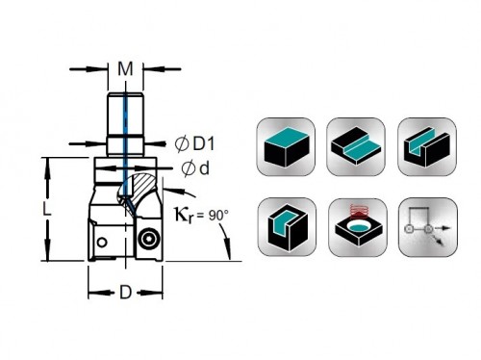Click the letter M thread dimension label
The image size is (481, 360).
point(125,68)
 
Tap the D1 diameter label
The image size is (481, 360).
point(204,143)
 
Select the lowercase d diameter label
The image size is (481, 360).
point(204,168)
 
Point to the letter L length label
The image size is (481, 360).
point(47,210)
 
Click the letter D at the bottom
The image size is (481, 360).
point(125,293)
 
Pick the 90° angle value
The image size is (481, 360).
point(218,216)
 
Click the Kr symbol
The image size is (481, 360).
point(184,215)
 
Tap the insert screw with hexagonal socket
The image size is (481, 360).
point(149,238)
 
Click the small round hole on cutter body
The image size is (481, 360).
point(102,243)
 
